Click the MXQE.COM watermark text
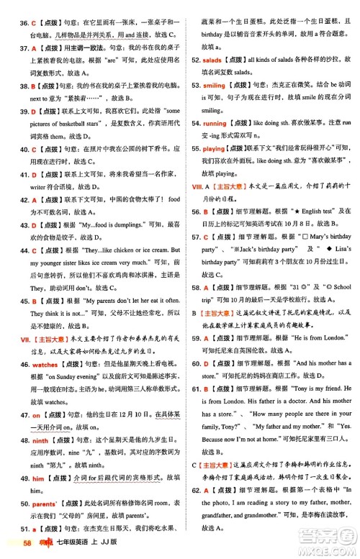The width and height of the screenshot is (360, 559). point(327,550)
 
